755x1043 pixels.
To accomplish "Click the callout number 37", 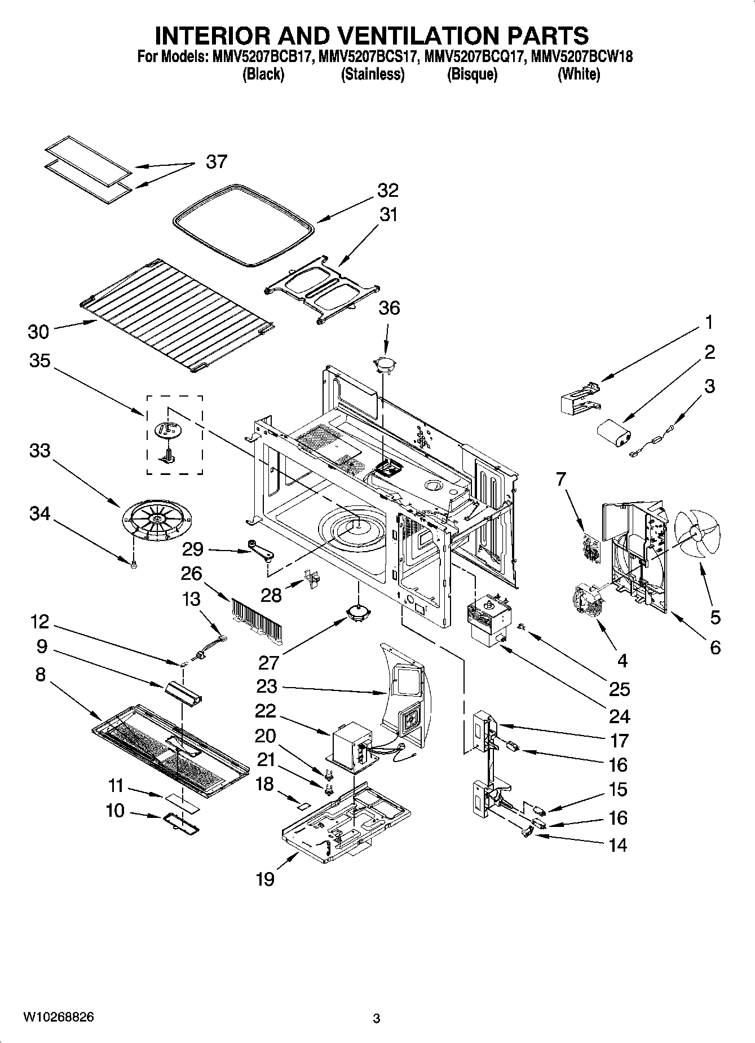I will coord(216,162).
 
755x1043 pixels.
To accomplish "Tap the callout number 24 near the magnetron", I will coord(619,716).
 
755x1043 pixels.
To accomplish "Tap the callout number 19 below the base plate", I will coord(265,879).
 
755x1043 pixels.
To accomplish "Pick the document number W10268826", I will coord(59,1017).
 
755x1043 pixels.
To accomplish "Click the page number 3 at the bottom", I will coord(377,1019).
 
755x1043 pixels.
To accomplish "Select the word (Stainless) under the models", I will coord(372,74).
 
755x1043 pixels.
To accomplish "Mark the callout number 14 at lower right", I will coord(618,845).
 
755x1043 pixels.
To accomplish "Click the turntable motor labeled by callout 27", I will coord(357,613).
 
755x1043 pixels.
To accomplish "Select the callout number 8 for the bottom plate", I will coord(40,674).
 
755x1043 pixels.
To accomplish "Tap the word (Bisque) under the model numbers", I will coord(472,74).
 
